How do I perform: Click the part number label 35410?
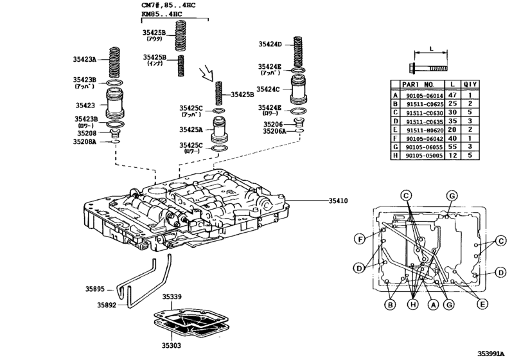click(x=337, y=201)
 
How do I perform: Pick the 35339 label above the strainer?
click(x=172, y=297)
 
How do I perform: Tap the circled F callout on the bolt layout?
click(x=360, y=239)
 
